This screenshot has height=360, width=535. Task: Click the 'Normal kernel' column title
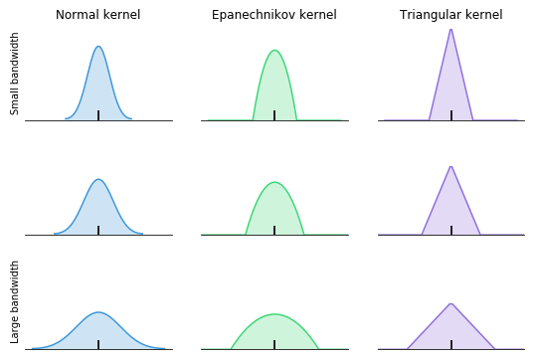[x=97, y=15]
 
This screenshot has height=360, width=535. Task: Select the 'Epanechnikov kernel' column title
[x=274, y=15]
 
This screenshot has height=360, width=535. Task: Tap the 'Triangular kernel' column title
[x=450, y=15]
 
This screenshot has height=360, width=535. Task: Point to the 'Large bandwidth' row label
[x=15, y=302]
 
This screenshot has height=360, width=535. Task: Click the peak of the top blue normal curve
[x=97, y=47]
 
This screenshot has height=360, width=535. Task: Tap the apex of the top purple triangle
[x=450, y=29]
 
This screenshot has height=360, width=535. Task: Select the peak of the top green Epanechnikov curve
[x=274, y=51]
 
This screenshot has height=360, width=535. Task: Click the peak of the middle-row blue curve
[x=97, y=180]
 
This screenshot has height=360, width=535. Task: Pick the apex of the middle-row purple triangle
[x=450, y=166]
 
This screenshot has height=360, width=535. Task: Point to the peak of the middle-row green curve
[x=274, y=183]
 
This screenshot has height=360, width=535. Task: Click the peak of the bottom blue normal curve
[x=97, y=312]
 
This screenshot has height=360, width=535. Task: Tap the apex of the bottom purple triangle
[x=450, y=304]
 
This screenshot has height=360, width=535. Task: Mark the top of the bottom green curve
[x=274, y=314]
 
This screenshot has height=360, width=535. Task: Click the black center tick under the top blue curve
[x=97, y=115]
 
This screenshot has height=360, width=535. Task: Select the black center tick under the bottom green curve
[x=274, y=344]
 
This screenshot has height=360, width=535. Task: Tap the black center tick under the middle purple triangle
[x=450, y=230]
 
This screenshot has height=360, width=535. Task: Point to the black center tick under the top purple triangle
[x=450, y=115]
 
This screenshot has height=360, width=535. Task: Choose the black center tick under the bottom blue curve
[x=97, y=344]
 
